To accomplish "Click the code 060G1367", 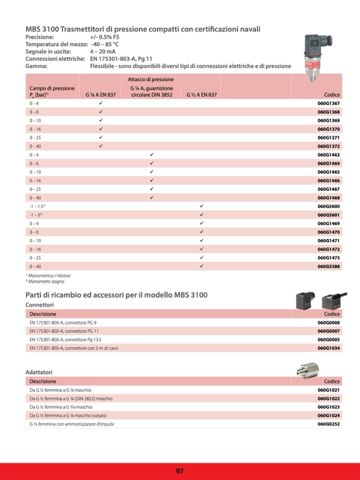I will coord(329,103).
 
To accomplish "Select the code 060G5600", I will coord(329,206).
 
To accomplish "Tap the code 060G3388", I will coord(329,266).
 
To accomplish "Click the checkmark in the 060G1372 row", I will coord(101,146).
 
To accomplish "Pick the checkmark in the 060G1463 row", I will coord(151,155).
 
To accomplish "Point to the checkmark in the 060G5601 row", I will coord(202,215).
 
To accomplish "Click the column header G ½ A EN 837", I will coord(201,95).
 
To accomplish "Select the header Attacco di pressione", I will coord(151,79).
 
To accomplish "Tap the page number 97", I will coord(180,471).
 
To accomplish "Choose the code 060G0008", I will coord(329,322).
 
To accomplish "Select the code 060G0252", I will coord(329,424).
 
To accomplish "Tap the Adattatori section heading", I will coord(39,373).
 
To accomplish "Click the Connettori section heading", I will coord(40,305).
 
